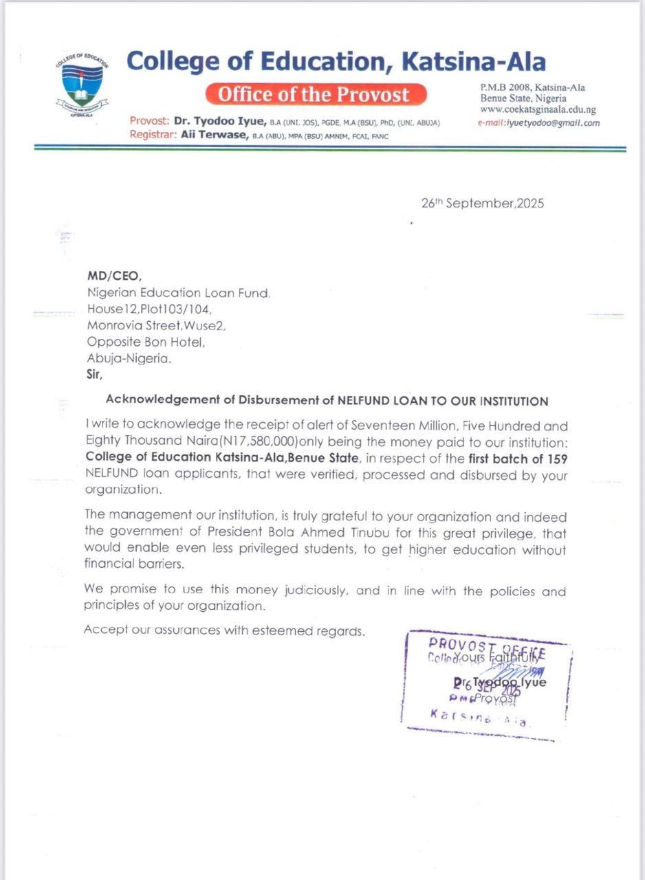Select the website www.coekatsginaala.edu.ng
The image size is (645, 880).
[538, 109]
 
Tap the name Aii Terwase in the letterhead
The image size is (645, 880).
[215, 135]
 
